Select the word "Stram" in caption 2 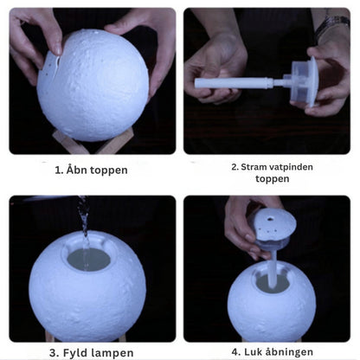tap(251, 165)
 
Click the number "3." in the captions tap(54, 352)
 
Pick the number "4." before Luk tap(236, 352)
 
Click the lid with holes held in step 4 tap(276, 227)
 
